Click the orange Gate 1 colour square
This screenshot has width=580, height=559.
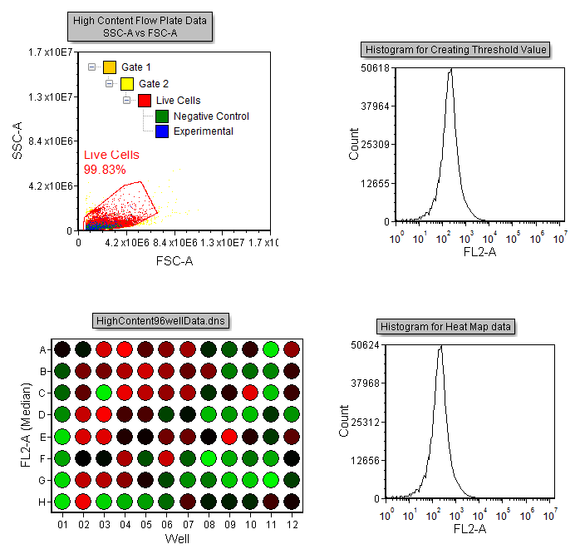click(110, 67)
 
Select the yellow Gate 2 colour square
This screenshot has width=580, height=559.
click(126, 83)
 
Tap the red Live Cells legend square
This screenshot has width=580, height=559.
click(144, 101)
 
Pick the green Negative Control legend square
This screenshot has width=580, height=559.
click(162, 116)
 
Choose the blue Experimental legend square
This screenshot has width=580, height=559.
click(162, 131)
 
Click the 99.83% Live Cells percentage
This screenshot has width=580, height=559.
click(105, 170)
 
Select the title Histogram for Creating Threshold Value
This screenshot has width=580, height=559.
click(455, 50)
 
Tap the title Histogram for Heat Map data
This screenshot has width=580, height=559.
click(447, 326)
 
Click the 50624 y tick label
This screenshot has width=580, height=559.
click(376, 344)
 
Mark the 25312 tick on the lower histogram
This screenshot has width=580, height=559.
click(376, 422)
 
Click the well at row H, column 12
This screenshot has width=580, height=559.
click(291, 501)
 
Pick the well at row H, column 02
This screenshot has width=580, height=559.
click(84, 501)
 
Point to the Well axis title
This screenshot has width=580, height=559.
click(177, 538)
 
